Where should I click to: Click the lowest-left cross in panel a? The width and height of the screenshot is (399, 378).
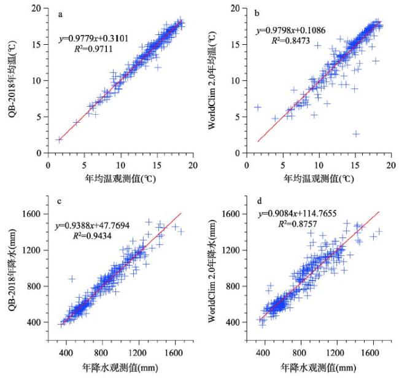(58, 139)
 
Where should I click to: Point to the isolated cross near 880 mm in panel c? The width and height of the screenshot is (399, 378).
(72, 279)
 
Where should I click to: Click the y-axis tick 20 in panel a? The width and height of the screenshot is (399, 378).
(39, 9)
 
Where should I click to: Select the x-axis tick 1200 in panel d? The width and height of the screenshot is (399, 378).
(335, 354)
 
